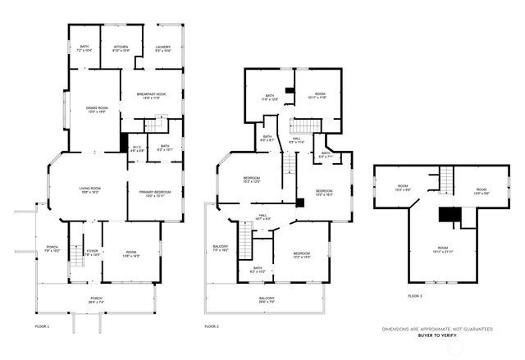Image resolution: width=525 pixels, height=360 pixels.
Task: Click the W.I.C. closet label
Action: tap(138, 148)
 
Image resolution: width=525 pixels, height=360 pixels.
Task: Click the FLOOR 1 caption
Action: tap(43, 326)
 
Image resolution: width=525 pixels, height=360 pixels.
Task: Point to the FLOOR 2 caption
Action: tap(212, 326)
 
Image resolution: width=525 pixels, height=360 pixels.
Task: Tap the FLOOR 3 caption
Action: tap(415, 295)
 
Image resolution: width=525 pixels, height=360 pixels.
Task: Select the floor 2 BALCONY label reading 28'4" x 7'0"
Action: tap(267, 299)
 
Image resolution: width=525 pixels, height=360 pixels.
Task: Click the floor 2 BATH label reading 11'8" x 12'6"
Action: tap(269, 98)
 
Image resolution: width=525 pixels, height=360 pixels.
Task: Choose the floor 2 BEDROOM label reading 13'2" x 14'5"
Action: tap(300, 256)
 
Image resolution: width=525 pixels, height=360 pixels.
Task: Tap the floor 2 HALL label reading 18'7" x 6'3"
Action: tap(264, 216)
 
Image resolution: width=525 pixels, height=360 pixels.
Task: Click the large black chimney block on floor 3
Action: tap(448, 214)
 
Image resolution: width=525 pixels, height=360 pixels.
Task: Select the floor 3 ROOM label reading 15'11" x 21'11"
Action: tap(442, 249)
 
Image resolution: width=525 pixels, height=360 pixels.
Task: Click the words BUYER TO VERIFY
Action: tap(436, 336)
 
